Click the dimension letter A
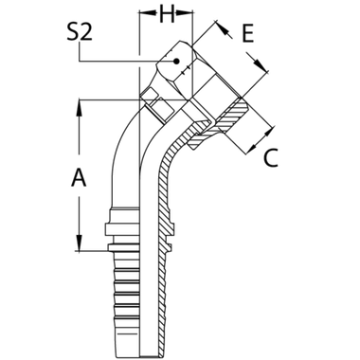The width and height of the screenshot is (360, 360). click(80, 178)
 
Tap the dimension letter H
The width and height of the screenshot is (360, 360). click(168, 16)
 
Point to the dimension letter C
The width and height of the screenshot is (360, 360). click(269, 160)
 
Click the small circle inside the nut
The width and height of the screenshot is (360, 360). click(168, 65)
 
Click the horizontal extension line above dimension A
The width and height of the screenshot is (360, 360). click(104, 97)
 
